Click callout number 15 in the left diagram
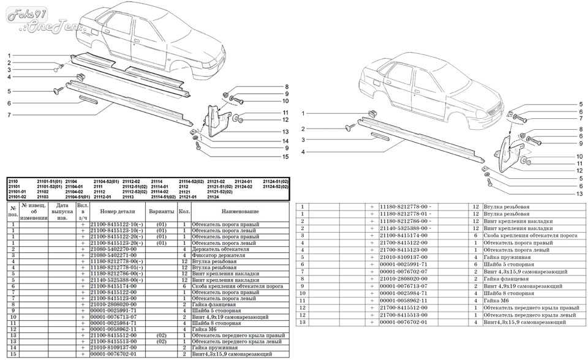tap(285, 157)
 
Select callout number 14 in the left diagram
tap(285, 140)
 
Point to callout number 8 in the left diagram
tap(285, 86)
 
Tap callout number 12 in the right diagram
tap(579, 171)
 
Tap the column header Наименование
tap(239, 211)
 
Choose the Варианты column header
tap(161, 211)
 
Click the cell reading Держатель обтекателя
tap(214, 250)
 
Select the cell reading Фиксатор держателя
tap(214, 255)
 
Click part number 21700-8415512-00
tap(405, 308)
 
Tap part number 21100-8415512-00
tap(115, 336)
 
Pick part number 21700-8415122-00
tap(405, 243)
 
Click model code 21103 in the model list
tap(43, 197)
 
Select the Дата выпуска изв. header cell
tap(62, 211)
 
